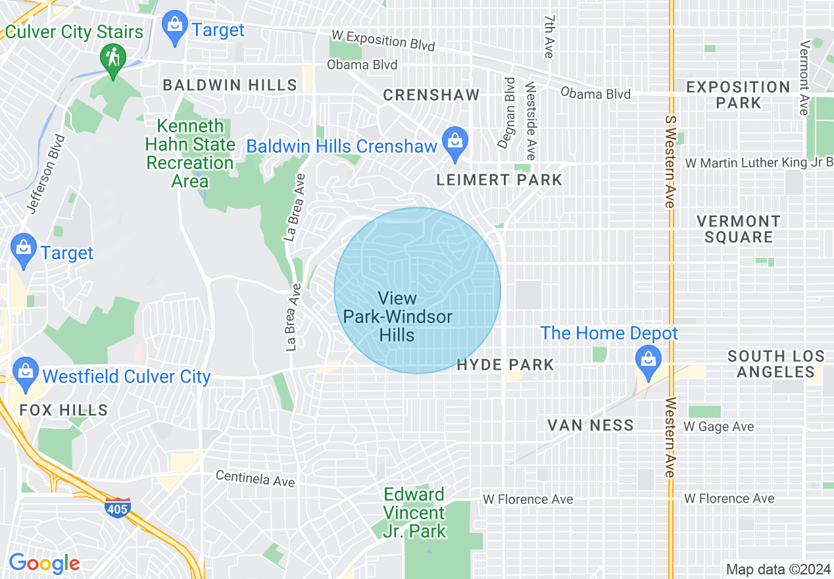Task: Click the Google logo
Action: [44, 563]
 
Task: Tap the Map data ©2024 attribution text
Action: [778, 569]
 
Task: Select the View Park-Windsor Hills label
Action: [397, 317]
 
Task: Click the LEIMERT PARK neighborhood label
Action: [500, 180]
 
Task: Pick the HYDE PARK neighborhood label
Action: [505, 365]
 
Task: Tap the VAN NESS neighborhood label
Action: [591, 425]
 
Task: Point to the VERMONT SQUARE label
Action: [738, 229]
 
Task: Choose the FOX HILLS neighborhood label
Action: [63, 410]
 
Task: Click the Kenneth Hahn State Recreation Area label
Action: [190, 153]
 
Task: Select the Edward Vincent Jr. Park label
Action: [414, 513]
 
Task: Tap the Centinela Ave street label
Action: [255, 478]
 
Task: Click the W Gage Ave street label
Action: [718, 427]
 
